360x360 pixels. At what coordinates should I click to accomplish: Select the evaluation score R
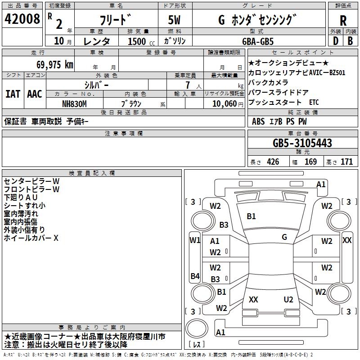pyautogui.click(x=343, y=20)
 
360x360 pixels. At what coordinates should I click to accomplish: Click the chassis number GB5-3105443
pyautogui.click(x=302, y=143)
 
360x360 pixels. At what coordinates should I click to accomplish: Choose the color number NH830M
pyautogui.click(x=74, y=103)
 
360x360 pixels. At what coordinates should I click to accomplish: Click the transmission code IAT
pyautogui.click(x=13, y=94)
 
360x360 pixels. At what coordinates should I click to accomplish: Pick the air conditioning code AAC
pyautogui.click(x=34, y=94)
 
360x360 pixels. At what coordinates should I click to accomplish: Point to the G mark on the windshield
pyautogui.click(x=284, y=237)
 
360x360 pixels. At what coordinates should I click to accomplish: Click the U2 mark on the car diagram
pyautogui.click(x=288, y=300)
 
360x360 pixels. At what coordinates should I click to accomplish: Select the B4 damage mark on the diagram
pyautogui.click(x=195, y=276)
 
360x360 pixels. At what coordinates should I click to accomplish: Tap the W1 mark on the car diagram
pyautogui.click(x=195, y=240)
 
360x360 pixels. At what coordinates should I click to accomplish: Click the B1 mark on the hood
pyautogui.click(x=251, y=216)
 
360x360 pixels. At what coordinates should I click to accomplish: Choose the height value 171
pyautogui.click(x=346, y=162)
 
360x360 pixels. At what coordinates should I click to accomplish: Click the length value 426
pyautogui.click(x=273, y=162)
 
